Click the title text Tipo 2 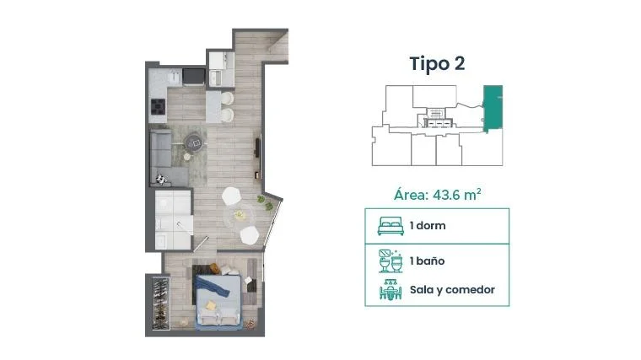pyautogui.click(x=437, y=64)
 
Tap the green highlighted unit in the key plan pyautogui.click(x=493, y=107)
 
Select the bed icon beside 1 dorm pyautogui.click(x=391, y=226)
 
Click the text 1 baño pyautogui.click(x=428, y=261)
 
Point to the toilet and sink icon pyautogui.click(x=391, y=261)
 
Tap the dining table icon pyautogui.click(x=391, y=290)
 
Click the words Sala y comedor pyautogui.click(x=452, y=290)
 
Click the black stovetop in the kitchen pyautogui.click(x=159, y=107)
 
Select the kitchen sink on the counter pyautogui.click(x=175, y=77)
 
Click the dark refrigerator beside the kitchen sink pyautogui.click(x=193, y=77)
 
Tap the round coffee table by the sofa pyautogui.click(x=193, y=143)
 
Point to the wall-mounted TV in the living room pyautogui.click(x=258, y=148)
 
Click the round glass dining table pyautogui.click(x=240, y=216)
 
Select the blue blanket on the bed pyautogui.click(x=213, y=285)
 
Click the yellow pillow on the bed pyautogui.click(x=211, y=306)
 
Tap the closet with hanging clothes pyautogui.click(x=161, y=303)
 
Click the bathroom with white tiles pyautogui.click(x=174, y=219)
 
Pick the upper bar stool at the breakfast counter pyautogui.click(x=227, y=99)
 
